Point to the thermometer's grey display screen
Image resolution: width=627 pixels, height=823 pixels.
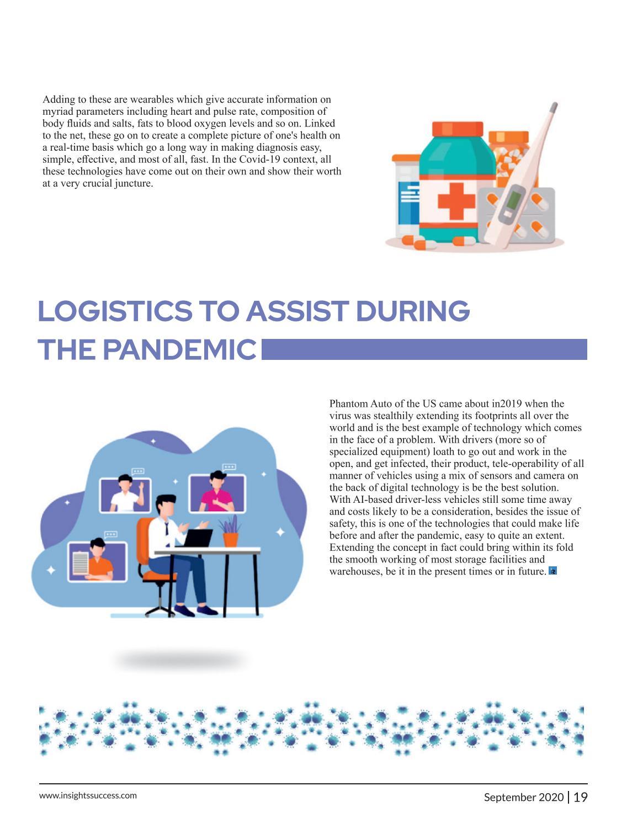(x=513, y=199)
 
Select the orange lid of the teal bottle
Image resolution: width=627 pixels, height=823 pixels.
(x=457, y=129)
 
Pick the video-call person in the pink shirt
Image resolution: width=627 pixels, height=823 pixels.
(x=217, y=492)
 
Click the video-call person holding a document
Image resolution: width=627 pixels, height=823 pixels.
(x=97, y=560)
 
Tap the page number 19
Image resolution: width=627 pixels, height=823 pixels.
(x=581, y=797)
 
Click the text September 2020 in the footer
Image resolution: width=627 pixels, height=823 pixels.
(x=524, y=797)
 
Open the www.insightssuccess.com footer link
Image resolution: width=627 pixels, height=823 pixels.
(x=88, y=795)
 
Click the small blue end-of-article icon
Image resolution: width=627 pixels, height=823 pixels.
(x=553, y=571)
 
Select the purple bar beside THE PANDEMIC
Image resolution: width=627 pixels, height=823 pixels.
(x=424, y=349)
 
